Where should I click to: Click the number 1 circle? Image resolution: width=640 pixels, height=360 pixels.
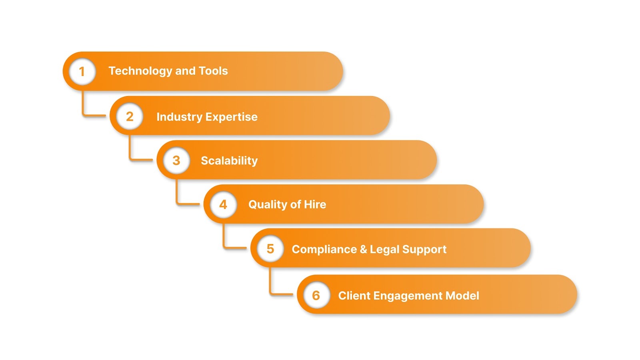[82, 72]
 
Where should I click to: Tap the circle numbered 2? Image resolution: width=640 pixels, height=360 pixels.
[130, 116]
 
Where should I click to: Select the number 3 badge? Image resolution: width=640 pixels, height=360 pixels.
[176, 161]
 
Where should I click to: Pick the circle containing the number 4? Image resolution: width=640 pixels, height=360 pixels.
[223, 205]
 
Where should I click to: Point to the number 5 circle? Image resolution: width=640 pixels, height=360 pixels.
[270, 249]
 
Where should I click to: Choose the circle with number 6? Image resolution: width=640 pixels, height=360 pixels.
[316, 296]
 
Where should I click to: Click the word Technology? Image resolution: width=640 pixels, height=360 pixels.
[140, 71]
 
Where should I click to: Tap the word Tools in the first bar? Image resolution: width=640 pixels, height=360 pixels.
[213, 71]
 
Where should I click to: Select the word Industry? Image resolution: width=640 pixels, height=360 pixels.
[179, 117]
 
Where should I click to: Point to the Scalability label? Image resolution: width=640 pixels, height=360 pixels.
[229, 161]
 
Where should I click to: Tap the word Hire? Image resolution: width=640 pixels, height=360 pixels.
[315, 204]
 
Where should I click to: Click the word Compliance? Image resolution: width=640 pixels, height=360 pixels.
[324, 250]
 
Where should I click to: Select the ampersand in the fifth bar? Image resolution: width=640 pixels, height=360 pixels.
[363, 249]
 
